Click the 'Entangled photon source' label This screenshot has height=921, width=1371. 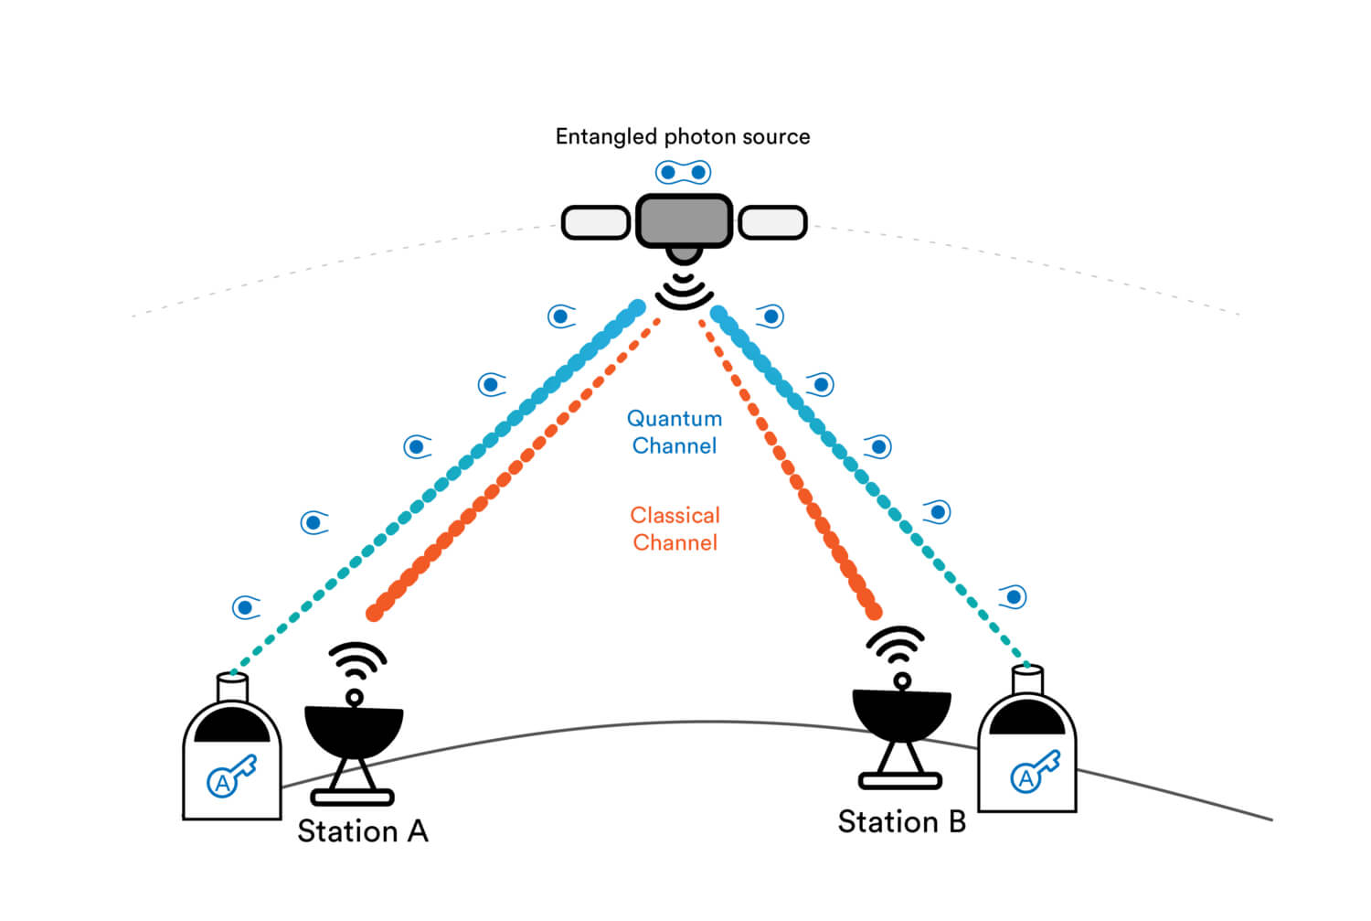pyautogui.click(x=682, y=137)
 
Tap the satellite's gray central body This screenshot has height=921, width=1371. pyautogui.click(x=684, y=221)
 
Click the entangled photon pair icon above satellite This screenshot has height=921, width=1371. pyautogui.click(x=683, y=172)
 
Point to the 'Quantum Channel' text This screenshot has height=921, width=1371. pyautogui.click(x=675, y=432)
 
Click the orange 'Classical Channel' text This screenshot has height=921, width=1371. pyautogui.click(x=675, y=529)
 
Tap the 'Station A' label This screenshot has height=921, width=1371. pyautogui.click(x=363, y=831)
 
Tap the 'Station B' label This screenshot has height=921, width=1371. pyautogui.click(x=901, y=822)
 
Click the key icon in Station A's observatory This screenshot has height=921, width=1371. pyautogui.click(x=231, y=776)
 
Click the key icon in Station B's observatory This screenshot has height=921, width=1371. pyautogui.click(x=1035, y=772)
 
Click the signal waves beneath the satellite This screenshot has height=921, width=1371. pyautogui.click(x=684, y=291)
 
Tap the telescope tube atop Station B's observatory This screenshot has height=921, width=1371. pyautogui.click(x=1027, y=680)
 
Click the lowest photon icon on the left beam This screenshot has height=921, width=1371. pyautogui.click(x=245, y=607)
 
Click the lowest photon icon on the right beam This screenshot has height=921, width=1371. pyautogui.click(x=1013, y=597)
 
